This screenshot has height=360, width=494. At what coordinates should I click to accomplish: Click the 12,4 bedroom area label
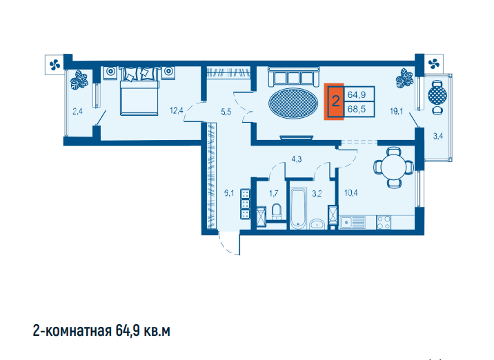click(x=176, y=110)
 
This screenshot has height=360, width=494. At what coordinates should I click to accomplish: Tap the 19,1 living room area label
click(x=396, y=111)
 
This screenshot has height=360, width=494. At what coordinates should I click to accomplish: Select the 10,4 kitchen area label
click(x=351, y=192)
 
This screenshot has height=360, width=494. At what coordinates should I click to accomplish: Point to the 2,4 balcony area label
click(x=77, y=111)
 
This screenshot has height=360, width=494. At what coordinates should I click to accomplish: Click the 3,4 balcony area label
click(x=438, y=137)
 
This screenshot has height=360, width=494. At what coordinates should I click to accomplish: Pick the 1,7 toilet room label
click(x=274, y=192)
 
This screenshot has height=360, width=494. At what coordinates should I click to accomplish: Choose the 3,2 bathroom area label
click(x=317, y=193)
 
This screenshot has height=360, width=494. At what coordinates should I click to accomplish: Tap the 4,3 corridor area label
click(x=297, y=159)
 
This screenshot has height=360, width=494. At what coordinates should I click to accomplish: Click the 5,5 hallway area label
click(x=226, y=112)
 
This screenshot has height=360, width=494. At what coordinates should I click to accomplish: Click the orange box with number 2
click(x=334, y=101)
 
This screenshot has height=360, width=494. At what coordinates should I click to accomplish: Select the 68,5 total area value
click(x=357, y=109)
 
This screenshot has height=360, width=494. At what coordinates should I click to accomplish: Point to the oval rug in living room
click(x=293, y=103)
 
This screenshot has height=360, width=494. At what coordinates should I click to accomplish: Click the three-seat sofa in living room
click(x=294, y=77)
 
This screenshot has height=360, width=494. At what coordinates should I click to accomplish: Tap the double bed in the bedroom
click(x=139, y=91)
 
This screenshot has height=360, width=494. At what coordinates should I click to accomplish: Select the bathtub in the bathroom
click(x=298, y=208)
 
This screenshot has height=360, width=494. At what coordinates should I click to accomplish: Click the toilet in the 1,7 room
click(x=277, y=211)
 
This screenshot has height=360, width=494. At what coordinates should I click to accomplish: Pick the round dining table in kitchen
click(x=394, y=167)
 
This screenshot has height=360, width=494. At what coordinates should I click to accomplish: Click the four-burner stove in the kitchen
click(x=384, y=222)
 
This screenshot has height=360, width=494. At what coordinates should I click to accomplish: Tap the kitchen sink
click(x=353, y=222)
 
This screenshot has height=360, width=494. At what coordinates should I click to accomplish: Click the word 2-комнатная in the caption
click(x=72, y=331)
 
